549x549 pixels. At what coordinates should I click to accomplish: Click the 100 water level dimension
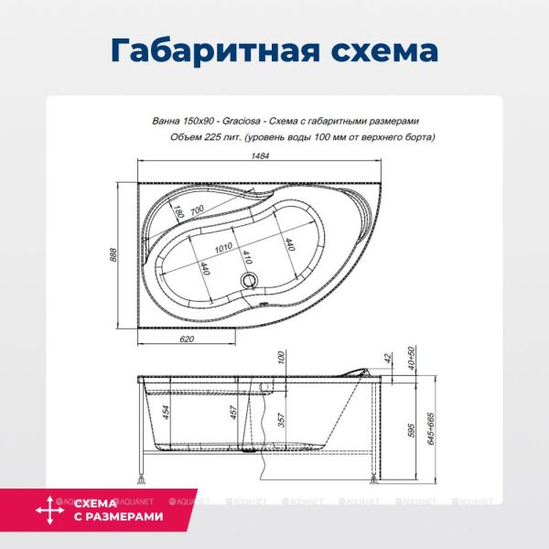click(282, 360)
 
